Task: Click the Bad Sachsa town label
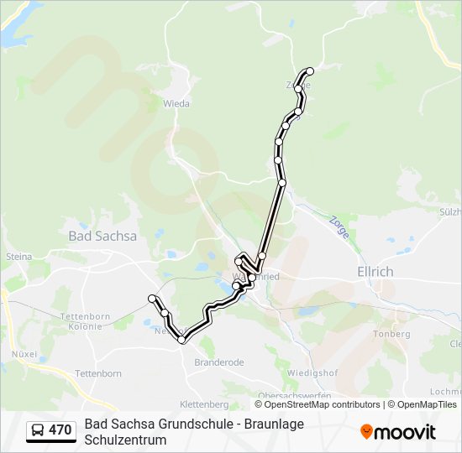102,236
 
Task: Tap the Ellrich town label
375,272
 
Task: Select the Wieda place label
176,104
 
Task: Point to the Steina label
18,256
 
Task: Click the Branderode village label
218,363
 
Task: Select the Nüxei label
24,354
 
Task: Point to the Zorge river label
339,226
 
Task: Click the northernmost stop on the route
310,71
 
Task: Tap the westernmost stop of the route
152,299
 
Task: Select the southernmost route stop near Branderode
181,340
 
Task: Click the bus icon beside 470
38,430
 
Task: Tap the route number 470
60,430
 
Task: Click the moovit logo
398,432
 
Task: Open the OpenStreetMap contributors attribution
323,404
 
